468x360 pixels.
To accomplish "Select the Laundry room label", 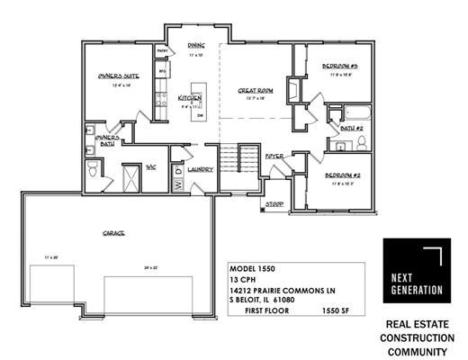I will click(x=201, y=168).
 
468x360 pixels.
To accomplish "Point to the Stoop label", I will click(x=274, y=205).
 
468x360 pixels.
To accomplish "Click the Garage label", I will click(x=112, y=233).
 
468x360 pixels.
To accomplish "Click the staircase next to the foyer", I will click(x=240, y=163).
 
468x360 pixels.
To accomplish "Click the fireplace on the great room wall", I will click(x=290, y=91).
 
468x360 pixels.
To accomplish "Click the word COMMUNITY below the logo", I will click(x=417, y=349).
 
